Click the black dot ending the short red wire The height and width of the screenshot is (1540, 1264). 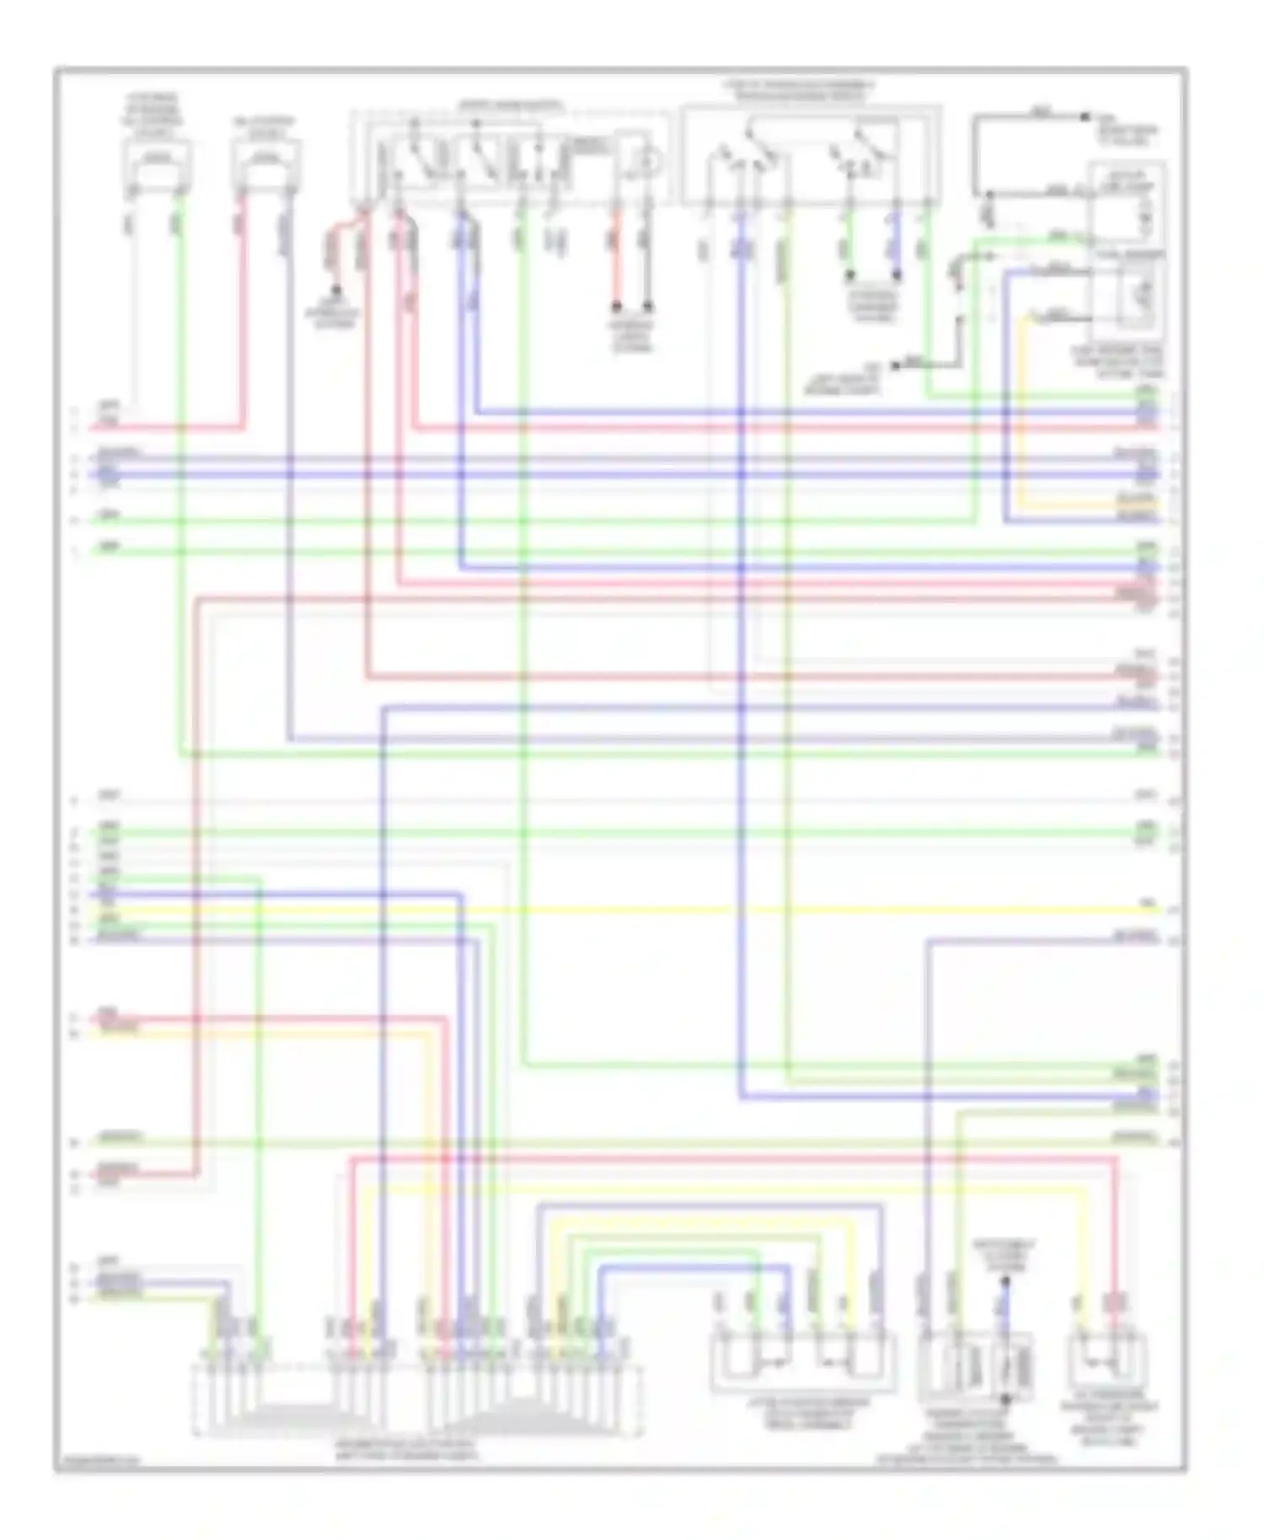tap(335, 290)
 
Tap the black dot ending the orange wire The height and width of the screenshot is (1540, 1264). tap(616, 305)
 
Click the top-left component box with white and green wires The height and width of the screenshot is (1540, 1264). tap(157, 163)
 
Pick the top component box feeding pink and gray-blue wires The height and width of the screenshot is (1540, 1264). tap(265, 163)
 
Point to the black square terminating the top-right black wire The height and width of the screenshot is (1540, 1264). tap(1086, 116)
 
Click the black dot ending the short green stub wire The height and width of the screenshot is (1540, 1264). tap(850, 275)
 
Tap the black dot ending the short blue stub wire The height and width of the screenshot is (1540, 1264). tap(897, 275)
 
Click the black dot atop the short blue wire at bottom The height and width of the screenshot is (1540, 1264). tap(1004, 1281)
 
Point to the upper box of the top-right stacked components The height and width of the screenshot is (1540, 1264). tap(1129, 203)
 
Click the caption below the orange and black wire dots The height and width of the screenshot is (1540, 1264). tap(632, 335)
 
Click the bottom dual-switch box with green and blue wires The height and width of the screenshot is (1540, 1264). tap(803, 1361)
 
